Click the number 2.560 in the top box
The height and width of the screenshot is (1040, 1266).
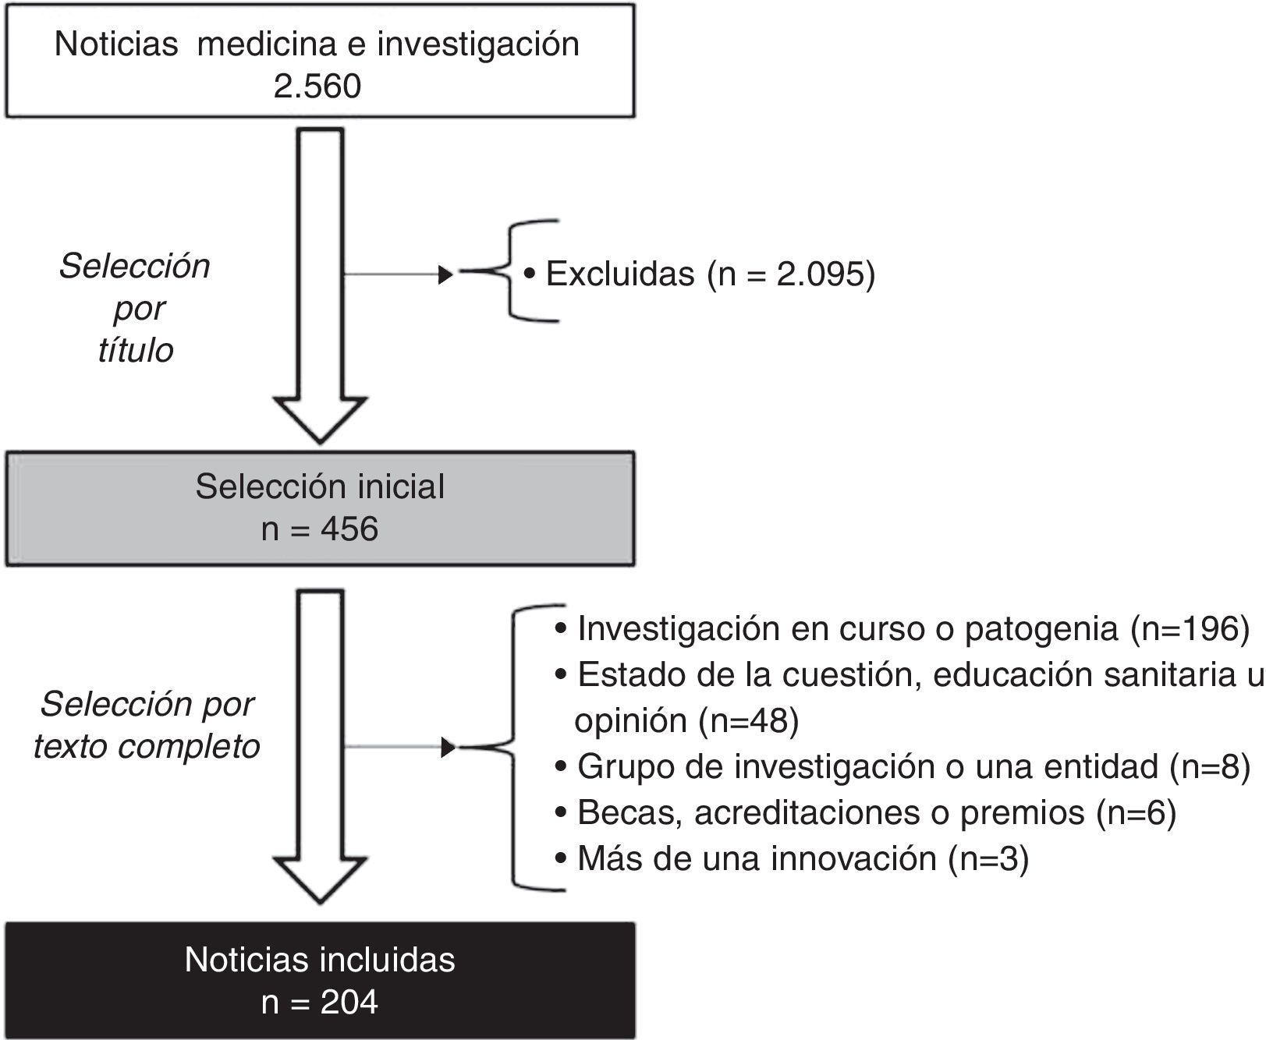[317, 86]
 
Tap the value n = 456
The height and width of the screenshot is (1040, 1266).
[320, 529]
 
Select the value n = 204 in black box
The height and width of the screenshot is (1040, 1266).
[320, 1001]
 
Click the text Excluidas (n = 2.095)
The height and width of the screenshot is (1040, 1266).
[710, 274]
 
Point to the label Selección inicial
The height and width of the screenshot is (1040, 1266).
[320, 486]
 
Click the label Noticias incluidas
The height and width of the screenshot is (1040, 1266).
[320, 959]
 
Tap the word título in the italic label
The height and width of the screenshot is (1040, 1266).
[136, 350]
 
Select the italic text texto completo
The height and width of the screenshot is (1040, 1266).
[147, 746]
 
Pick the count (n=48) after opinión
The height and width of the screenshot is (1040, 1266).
[750, 721]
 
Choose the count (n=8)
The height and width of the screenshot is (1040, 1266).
[1210, 766]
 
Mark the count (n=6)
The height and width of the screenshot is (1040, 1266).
[1136, 812]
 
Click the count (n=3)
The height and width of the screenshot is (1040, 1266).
[988, 858]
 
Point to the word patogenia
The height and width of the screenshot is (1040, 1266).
[1041, 628]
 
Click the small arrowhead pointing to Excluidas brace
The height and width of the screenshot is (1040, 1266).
[446, 274]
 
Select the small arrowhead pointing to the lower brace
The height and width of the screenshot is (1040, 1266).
[448, 748]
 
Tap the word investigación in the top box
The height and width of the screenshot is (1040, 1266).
[478, 44]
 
